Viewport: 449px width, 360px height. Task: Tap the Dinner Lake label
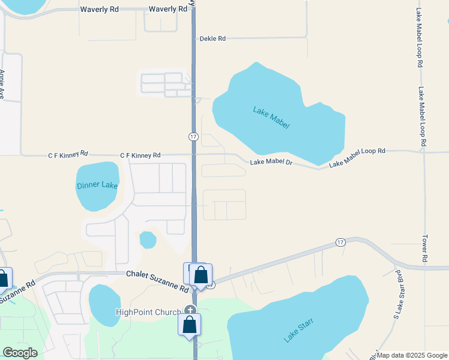click(97, 185)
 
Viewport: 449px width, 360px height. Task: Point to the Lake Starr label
click(299, 329)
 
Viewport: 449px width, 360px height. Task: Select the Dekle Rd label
click(213, 38)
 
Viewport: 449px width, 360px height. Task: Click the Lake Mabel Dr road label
click(271, 162)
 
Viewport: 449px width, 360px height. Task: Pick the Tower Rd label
click(424, 247)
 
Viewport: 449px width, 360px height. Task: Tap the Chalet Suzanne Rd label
click(157, 281)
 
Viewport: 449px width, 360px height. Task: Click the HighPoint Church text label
click(148, 312)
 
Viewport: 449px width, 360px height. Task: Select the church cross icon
click(190, 310)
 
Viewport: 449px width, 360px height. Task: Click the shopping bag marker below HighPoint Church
click(189, 325)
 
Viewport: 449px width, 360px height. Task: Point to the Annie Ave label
click(2, 84)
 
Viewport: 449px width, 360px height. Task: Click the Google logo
click(20, 352)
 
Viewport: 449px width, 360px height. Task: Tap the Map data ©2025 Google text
click(412, 355)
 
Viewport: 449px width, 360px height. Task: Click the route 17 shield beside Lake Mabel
click(193, 137)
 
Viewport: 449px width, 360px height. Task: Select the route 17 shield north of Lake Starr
click(340, 242)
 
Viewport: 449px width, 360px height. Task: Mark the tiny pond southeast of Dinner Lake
click(148, 240)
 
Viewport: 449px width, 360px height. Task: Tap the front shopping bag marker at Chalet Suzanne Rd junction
click(201, 275)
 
